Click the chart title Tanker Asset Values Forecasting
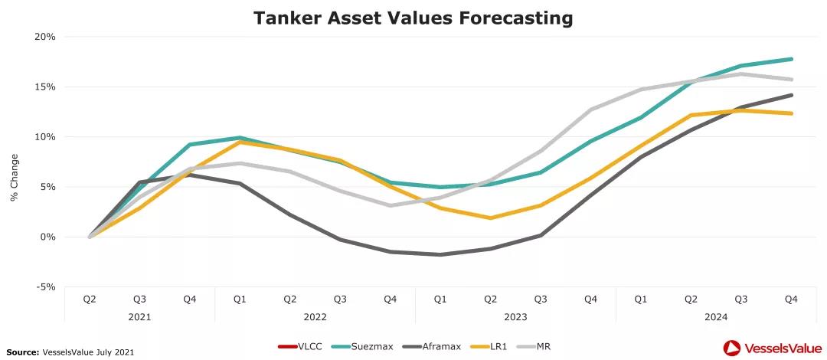coord(413,17)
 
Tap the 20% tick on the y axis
coord(45,37)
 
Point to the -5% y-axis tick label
coord(45,287)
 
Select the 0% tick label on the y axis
coord(47,237)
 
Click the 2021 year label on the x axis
coord(139,316)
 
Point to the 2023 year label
coord(515,316)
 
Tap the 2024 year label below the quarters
coord(716,316)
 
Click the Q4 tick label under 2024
coord(791,299)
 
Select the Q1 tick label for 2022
coord(240,299)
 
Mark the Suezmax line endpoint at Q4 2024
coord(791,59)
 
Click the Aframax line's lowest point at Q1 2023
coord(440,254)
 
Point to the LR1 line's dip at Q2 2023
coord(490,218)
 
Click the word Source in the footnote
coord(24,352)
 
